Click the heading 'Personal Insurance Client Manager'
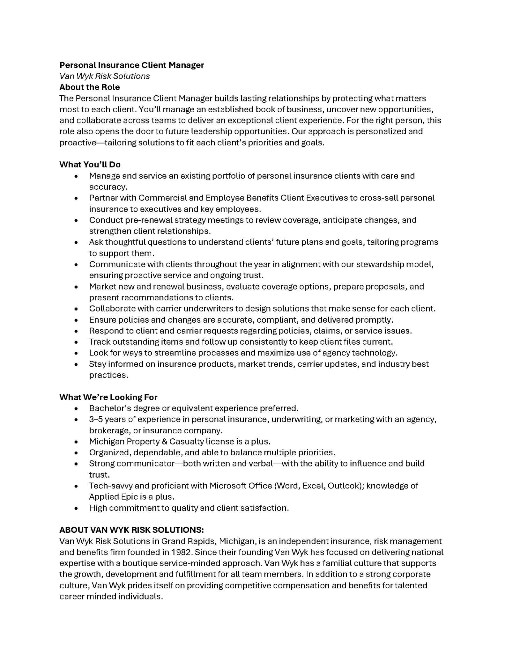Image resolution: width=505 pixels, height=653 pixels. click(131, 65)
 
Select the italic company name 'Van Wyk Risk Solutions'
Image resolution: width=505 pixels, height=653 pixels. click(104, 76)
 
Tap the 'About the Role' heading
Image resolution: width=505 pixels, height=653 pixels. click(89, 87)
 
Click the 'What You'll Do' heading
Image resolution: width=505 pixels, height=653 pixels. click(90, 165)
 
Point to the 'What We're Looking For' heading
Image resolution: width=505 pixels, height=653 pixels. click(108, 397)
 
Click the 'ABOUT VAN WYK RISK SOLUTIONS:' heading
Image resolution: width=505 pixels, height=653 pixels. click(131, 530)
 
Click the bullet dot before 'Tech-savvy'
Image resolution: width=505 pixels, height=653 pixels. click(76, 486)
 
